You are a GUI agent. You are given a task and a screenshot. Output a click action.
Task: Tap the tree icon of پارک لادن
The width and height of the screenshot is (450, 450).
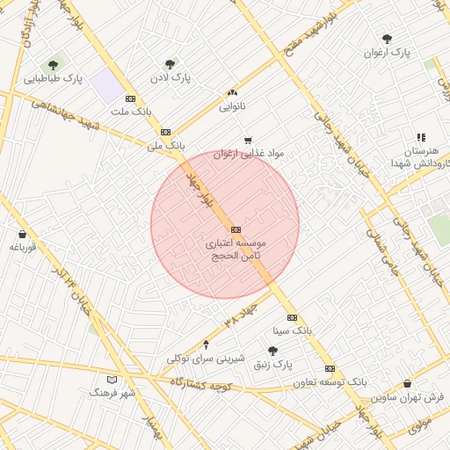[170, 63]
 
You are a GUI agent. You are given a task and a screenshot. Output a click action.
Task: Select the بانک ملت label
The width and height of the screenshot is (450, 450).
[132, 112]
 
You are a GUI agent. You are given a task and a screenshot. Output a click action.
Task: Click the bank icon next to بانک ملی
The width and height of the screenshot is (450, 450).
[166, 131]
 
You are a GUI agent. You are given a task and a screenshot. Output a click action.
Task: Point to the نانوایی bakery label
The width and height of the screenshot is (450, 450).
[232, 106]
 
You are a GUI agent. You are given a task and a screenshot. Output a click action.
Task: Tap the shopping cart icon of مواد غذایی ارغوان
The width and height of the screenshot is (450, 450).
[248, 140]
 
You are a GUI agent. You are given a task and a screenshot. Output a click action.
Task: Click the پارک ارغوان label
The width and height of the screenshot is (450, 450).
[388, 53]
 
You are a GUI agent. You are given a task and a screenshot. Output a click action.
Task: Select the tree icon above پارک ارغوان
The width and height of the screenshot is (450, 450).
[387, 39]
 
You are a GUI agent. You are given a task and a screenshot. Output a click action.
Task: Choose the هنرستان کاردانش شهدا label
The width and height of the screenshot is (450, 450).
[420, 156]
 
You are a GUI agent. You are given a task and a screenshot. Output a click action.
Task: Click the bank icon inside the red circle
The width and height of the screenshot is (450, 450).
[235, 229]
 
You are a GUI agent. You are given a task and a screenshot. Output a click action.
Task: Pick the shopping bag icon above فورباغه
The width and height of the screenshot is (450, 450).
[22, 235]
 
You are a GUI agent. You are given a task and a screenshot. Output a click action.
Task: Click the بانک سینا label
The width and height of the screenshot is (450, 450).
[292, 331]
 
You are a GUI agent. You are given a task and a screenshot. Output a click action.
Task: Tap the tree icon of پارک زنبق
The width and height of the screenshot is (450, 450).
[272, 351]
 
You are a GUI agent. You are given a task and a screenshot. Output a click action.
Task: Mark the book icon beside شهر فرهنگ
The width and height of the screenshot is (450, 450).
[111, 379]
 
